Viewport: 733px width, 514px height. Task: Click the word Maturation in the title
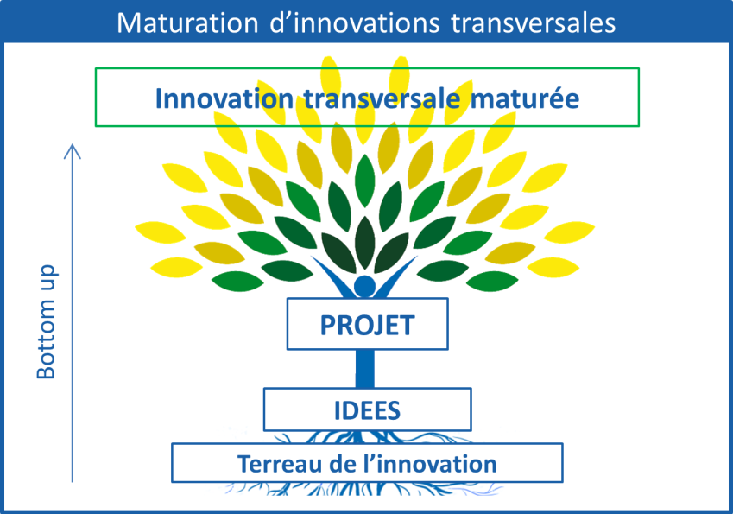187,23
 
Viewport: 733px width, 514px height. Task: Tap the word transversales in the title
534,23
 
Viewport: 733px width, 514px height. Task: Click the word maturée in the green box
525,98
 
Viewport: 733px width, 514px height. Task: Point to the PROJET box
368,324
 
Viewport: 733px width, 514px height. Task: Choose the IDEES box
368,409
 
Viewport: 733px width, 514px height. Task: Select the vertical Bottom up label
46,321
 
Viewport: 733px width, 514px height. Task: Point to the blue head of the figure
364,286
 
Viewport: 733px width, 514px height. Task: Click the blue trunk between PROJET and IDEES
364,369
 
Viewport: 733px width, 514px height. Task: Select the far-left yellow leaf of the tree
161,232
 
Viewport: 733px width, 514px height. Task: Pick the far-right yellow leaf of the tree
569,232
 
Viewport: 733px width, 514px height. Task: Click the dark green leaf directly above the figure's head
364,242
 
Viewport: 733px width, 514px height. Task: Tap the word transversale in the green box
382,98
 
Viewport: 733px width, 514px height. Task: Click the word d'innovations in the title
354,23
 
